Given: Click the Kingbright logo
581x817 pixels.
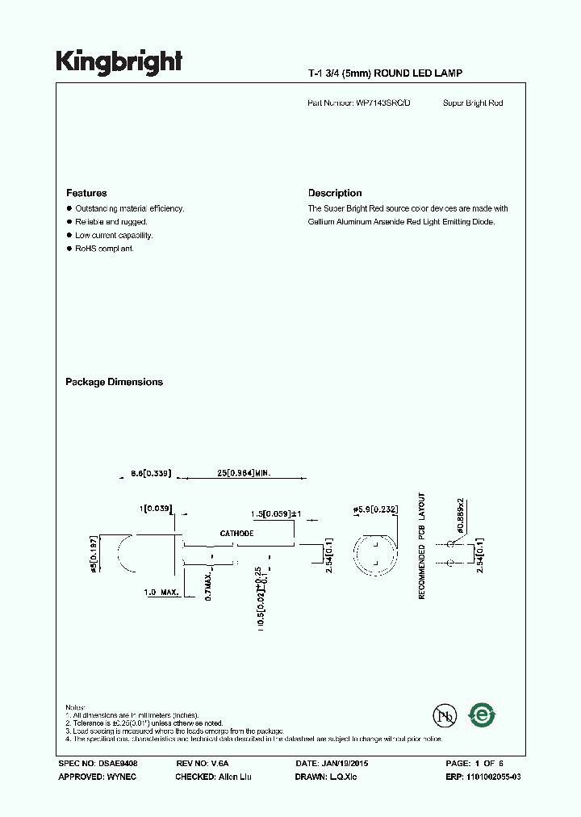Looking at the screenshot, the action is pos(119,61).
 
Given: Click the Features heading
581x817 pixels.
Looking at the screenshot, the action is pos(86,194).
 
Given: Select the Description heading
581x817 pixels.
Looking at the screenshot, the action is pos(335,194).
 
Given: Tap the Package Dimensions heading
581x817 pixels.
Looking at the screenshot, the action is pos(114,383).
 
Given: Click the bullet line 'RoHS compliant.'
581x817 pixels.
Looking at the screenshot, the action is pos(104,249).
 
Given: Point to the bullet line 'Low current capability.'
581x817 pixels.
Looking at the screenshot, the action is pos(114,235).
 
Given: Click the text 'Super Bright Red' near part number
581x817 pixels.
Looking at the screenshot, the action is pos(473,103).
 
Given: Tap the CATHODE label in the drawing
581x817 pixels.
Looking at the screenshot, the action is pos(236,534).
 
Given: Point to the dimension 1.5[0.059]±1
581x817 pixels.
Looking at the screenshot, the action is pos(276,513).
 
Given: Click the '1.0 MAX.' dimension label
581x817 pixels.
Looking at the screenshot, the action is pos(161,593).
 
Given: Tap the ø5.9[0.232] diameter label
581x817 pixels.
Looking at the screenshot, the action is pos(374,509).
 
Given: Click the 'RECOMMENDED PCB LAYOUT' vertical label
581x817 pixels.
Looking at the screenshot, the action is pos(421,546).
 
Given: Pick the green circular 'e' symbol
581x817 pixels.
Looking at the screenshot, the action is pos(483,714).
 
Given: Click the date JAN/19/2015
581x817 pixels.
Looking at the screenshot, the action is pos(349,763).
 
